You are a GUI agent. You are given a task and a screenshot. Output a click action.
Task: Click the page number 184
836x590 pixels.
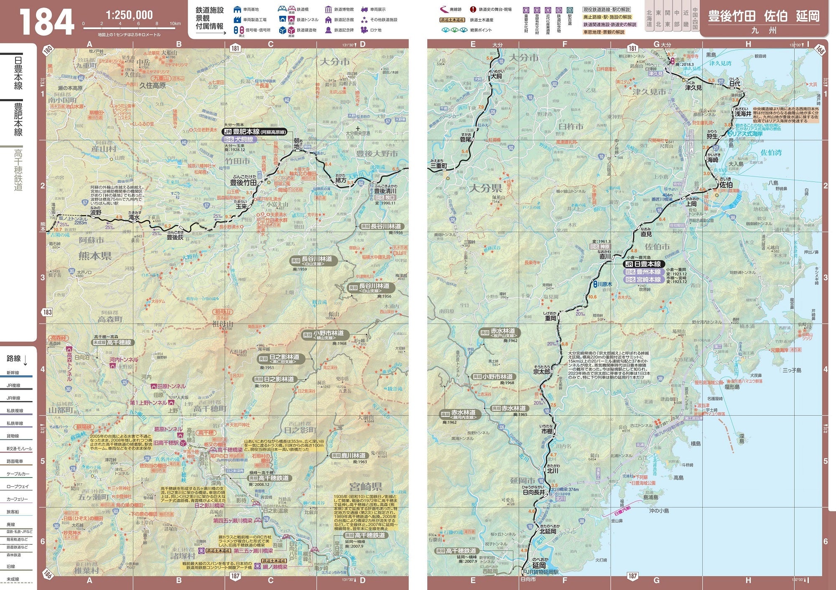(47, 22)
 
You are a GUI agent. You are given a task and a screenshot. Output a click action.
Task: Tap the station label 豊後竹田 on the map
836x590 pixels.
(243, 182)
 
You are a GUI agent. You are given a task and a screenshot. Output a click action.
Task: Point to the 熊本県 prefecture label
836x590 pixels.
(95, 255)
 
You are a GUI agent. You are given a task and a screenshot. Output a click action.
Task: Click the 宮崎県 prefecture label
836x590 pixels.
(366, 486)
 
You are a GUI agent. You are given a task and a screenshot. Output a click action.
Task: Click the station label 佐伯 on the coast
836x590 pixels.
(726, 184)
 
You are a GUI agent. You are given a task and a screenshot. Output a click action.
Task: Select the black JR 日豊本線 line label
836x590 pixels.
(644, 264)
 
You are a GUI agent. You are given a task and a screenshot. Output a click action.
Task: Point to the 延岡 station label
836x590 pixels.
(539, 565)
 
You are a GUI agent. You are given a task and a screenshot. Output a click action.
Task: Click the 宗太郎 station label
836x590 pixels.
(542, 371)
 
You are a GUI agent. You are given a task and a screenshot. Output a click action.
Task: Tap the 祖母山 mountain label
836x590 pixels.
(222, 324)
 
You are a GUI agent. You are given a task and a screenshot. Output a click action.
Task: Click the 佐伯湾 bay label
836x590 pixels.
(771, 153)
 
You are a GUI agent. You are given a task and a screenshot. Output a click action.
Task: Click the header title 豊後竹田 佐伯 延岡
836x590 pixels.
(763, 16)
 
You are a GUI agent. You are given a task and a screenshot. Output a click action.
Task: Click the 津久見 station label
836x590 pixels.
(693, 88)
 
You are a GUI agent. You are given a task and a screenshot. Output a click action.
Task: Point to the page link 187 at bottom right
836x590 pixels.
(632, 576)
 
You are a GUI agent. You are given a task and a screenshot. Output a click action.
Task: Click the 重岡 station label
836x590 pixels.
(551, 318)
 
